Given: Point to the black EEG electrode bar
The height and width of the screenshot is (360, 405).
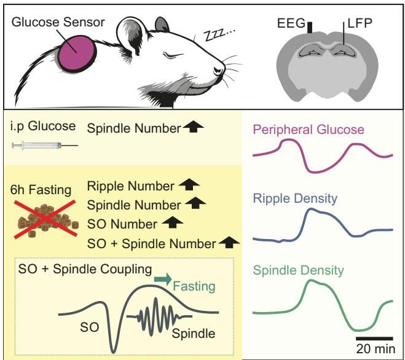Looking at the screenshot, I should point(311,28).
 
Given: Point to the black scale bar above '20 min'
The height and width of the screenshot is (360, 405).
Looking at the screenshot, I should point(374,337).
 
